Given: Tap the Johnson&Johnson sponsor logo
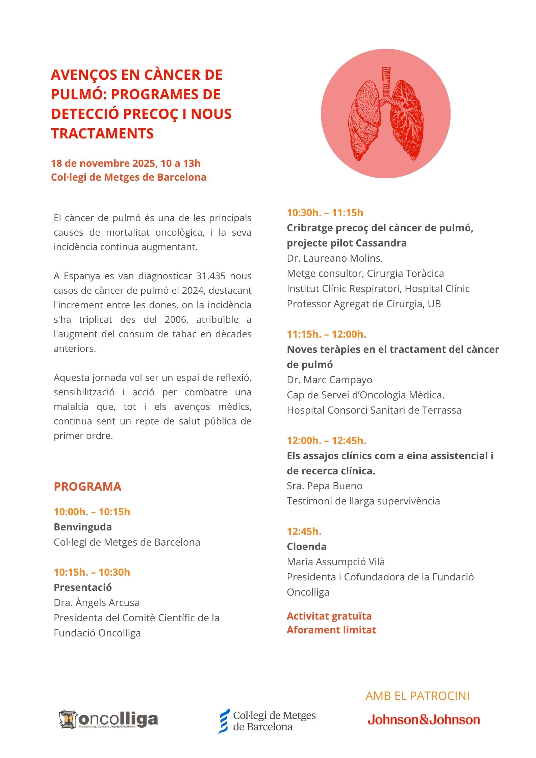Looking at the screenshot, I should (424, 720).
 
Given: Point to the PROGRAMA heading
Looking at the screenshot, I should (87, 487).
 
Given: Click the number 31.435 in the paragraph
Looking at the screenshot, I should (211, 276).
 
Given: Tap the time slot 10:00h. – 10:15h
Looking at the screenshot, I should (92, 512).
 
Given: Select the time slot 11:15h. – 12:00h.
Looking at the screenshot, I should (326, 334).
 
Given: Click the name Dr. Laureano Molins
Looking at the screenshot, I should (334, 258).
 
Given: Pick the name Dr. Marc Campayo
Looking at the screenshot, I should (329, 380).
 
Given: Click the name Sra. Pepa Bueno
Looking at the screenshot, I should (324, 486).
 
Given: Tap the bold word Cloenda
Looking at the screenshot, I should (306, 547).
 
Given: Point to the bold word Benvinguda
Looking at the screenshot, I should (83, 527).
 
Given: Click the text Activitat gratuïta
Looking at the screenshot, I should (329, 616).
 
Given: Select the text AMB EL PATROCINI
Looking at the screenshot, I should (417, 696).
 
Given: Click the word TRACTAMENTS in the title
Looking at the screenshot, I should (102, 134).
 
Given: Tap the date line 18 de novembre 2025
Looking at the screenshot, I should (126, 163).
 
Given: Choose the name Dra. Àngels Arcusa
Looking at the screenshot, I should (97, 603).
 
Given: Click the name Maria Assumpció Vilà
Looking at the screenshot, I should (336, 562).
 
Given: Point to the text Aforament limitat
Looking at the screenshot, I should (331, 630).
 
